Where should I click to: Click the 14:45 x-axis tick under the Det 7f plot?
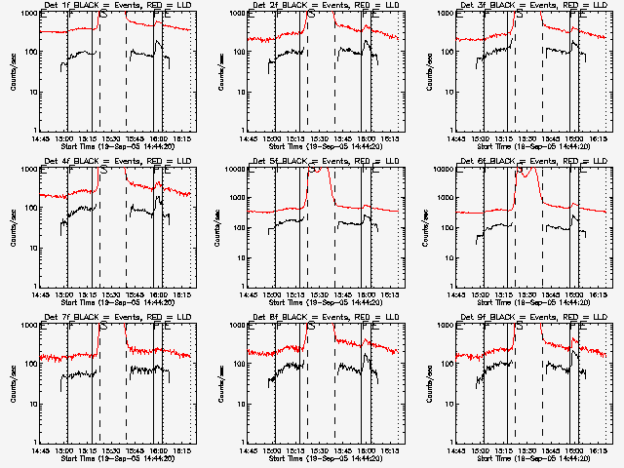coord(41,450)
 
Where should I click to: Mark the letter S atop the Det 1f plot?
coord(104,15)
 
